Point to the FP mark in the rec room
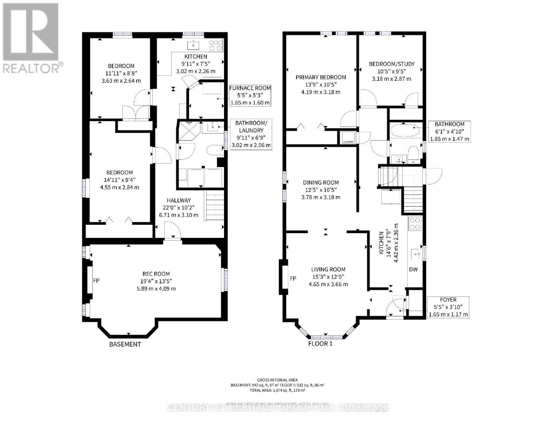tap(96, 281)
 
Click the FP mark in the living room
tap(293, 278)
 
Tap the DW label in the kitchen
tap(413, 270)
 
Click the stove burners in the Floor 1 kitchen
tap(415, 224)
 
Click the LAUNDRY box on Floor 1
tap(348, 138)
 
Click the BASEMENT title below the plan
tap(125, 344)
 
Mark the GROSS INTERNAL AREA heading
tap(277, 380)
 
